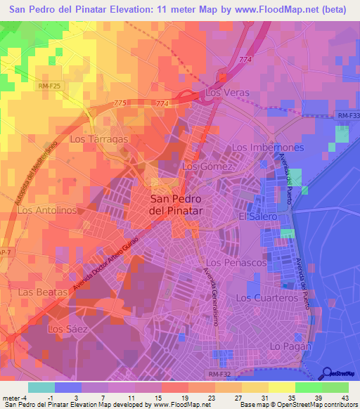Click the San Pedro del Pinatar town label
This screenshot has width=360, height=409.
(176, 204)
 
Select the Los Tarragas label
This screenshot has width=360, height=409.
(99, 139)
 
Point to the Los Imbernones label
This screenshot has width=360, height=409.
(268, 148)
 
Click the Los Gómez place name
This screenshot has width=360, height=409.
(207, 167)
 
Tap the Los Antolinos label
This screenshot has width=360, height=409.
(47, 210)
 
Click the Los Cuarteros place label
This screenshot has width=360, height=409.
(267, 298)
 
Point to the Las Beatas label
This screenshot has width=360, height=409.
(44, 291)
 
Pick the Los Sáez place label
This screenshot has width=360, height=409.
(65, 328)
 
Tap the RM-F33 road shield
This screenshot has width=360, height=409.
(347, 116)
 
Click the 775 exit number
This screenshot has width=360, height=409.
(120, 103)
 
